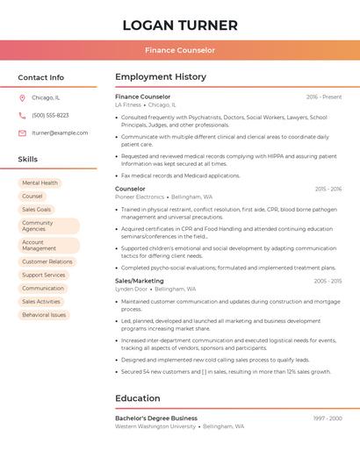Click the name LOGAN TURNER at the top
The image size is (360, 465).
[180, 25]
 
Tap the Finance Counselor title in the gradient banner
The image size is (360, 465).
[180, 50]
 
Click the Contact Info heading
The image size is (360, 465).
[41, 77]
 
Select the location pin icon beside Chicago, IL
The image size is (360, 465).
[22, 97]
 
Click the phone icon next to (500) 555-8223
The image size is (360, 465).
[22, 115]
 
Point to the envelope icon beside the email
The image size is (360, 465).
[22, 132]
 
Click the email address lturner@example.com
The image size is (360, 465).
[60, 132]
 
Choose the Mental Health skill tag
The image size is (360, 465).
[40, 183]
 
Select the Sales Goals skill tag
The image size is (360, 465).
[37, 210]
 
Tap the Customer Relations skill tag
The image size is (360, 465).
[47, 261]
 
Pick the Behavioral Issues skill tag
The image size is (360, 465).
[44, 314]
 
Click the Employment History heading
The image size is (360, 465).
[161, 77]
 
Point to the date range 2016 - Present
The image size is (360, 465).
[324, 97]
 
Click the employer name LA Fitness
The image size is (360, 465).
[127, 104]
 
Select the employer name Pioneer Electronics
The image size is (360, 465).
[140, 197]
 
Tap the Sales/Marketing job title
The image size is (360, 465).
[140, 281]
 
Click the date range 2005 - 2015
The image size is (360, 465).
[328, 281]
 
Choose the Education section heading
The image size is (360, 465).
[138, 398]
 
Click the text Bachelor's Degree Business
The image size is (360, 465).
[156, 418]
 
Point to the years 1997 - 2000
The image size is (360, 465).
[328, 418]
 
